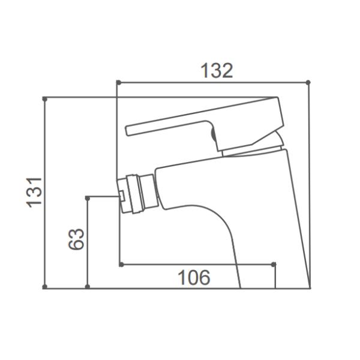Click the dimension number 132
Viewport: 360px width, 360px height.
coord(215,71)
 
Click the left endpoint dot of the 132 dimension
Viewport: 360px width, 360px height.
coord(118,82)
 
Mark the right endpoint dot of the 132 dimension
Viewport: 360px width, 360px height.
coord(308,82)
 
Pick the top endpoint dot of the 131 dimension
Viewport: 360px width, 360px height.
coord(45,98)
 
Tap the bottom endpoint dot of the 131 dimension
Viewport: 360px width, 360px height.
coord(45,287)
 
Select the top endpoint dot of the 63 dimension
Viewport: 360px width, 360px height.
coord(88,197)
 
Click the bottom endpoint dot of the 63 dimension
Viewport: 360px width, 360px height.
coord(88,287)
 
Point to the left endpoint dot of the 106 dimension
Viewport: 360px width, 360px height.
coord(121,264)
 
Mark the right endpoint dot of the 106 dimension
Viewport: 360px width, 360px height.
coord(274,264)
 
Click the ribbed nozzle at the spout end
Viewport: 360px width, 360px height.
coord(139,193)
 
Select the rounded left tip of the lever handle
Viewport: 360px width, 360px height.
coord(127,130)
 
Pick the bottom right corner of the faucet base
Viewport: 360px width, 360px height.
coord(310,287)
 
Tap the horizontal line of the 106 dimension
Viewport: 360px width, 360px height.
coord(198,264)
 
